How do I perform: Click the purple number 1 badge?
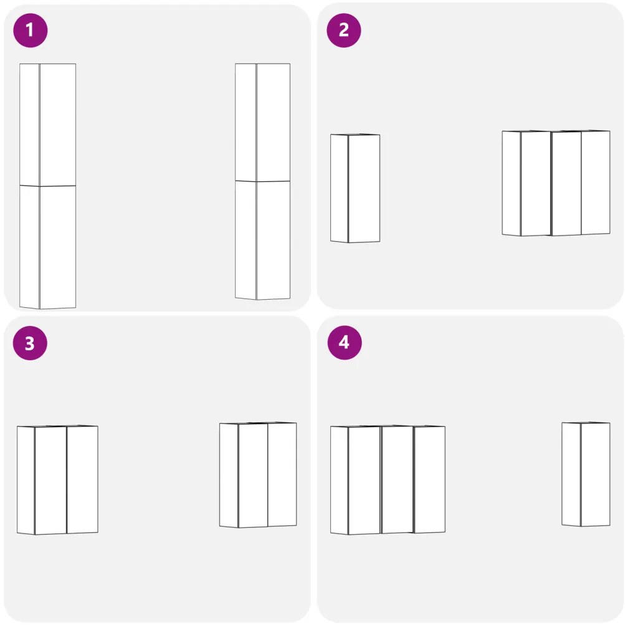click(x=31, y=31)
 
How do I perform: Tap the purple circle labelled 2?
click(x=343, y=31)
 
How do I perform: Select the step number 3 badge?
click(x=30, y=343)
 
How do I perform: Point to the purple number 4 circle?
click(x=345, y=343)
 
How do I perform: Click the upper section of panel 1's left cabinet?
click(x=48, y=125)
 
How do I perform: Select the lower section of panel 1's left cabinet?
click(x=48, y=247)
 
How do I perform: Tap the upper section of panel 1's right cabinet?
click(x=263, y=122)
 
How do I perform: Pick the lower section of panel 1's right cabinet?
click(x=263, y=241)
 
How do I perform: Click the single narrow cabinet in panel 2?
click(x=355, y=188)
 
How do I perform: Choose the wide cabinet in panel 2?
click(x=556, y=183)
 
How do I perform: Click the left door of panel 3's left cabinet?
click(x=50, y=480)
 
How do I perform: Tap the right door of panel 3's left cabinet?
click(x=82, y=480)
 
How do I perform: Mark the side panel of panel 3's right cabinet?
click(x=229, y=475)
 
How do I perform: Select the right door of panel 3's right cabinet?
click(x=282, y=474)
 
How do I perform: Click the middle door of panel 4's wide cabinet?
click(x=398, y=480)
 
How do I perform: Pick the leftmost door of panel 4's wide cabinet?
click(x=365, y=480)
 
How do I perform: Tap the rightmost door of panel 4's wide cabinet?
click(x=430, y=480)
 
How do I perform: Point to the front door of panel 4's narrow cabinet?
click(x=596, y=474)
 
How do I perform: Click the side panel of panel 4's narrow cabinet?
click(x=571, y=474)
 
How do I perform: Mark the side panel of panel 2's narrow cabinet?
click(x=339, y=188)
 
